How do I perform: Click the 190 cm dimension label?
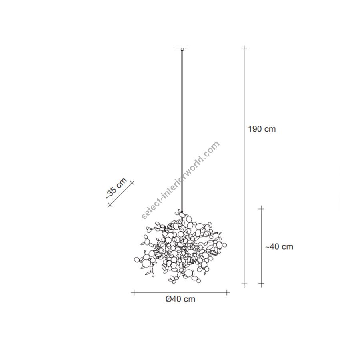click(262, 129)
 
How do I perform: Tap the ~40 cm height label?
click(279, 246)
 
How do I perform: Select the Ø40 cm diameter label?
click(180, 299)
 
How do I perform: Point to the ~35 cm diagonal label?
click(116, 188)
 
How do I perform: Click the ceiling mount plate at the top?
click(182, 48)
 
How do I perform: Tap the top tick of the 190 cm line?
click(244, 48)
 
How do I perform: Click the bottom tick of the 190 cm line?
click(244, 284)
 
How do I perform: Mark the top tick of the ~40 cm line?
click(261, 208)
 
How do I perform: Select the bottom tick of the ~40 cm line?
click(261, 284)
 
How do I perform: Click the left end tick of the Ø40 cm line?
click(134, 292)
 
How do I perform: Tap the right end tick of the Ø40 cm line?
click(228, 292)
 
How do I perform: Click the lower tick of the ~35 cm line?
click(110, 205)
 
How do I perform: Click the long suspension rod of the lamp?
click(182, 128)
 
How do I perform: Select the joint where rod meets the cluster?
click(182, 211)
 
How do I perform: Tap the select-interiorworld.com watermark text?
click(180, 180)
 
